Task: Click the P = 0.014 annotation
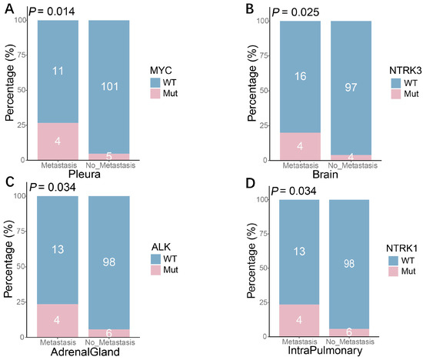point(52,12)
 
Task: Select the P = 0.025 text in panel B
point(295,12)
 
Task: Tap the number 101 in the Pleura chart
point(109,87)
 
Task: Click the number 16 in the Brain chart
point(300,76)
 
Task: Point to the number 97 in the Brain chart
point(351,87)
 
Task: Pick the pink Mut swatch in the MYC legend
point(155,94)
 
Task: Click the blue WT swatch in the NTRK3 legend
point(396,83)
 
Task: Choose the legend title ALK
point(161,247)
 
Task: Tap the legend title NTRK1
point(401,248)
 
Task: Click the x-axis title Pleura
point(85,174)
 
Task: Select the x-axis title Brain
point(325,175)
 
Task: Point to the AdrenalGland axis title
point(85,352)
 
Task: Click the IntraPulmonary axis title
point(325,350)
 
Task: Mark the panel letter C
point(10,182)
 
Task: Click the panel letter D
point(251,183)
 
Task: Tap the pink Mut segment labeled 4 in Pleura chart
point(58,142)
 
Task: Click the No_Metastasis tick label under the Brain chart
point(352,165)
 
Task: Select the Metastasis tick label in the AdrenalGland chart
point(58,342)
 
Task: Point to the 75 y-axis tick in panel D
point(265,234)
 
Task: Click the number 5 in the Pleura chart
point(109,156)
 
